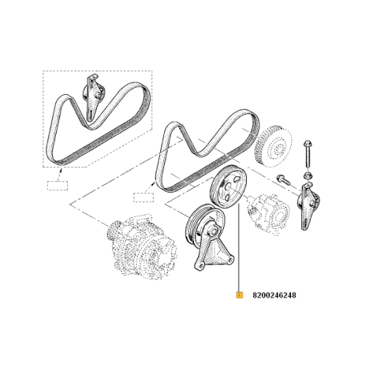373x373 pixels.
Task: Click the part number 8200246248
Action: click(x=275, y=295)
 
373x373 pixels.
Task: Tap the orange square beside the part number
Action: click(x=239, y=295)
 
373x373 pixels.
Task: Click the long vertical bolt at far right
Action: click(x=307, y=154)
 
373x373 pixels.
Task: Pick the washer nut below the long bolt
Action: click(x=307, y=175)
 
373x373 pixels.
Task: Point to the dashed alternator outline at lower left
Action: click(x=141, y=246)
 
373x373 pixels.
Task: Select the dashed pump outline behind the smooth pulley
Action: click(x=269, y=214)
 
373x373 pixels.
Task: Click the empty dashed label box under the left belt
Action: click(x=57, y=186)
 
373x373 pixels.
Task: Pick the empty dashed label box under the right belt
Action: click(x=144, y=198)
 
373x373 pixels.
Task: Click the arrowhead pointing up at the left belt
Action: click(x=61, y=170)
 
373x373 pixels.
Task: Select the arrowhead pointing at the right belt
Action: click(x=154, y=184)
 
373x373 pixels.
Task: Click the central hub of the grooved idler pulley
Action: click(x=213, y=232)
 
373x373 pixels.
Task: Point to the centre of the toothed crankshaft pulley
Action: click(x=277, y=149)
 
